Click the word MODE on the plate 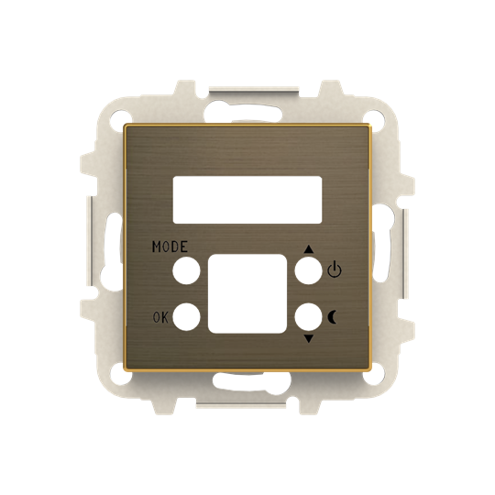click(x=170, y=247)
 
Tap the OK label click(x=160, y=318)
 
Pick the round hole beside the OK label click(x=186, y=317)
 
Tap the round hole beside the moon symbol click(x=307, y=317)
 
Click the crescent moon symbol click(x=333, y=317)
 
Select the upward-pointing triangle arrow click(x=308, y=247)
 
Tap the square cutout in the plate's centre click(x=247, y=293)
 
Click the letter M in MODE click(x=157, y=247)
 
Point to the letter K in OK click(x=164, y=318)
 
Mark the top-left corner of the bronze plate click(x=126, y=126)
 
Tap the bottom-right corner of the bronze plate click(x=368, y=368)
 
